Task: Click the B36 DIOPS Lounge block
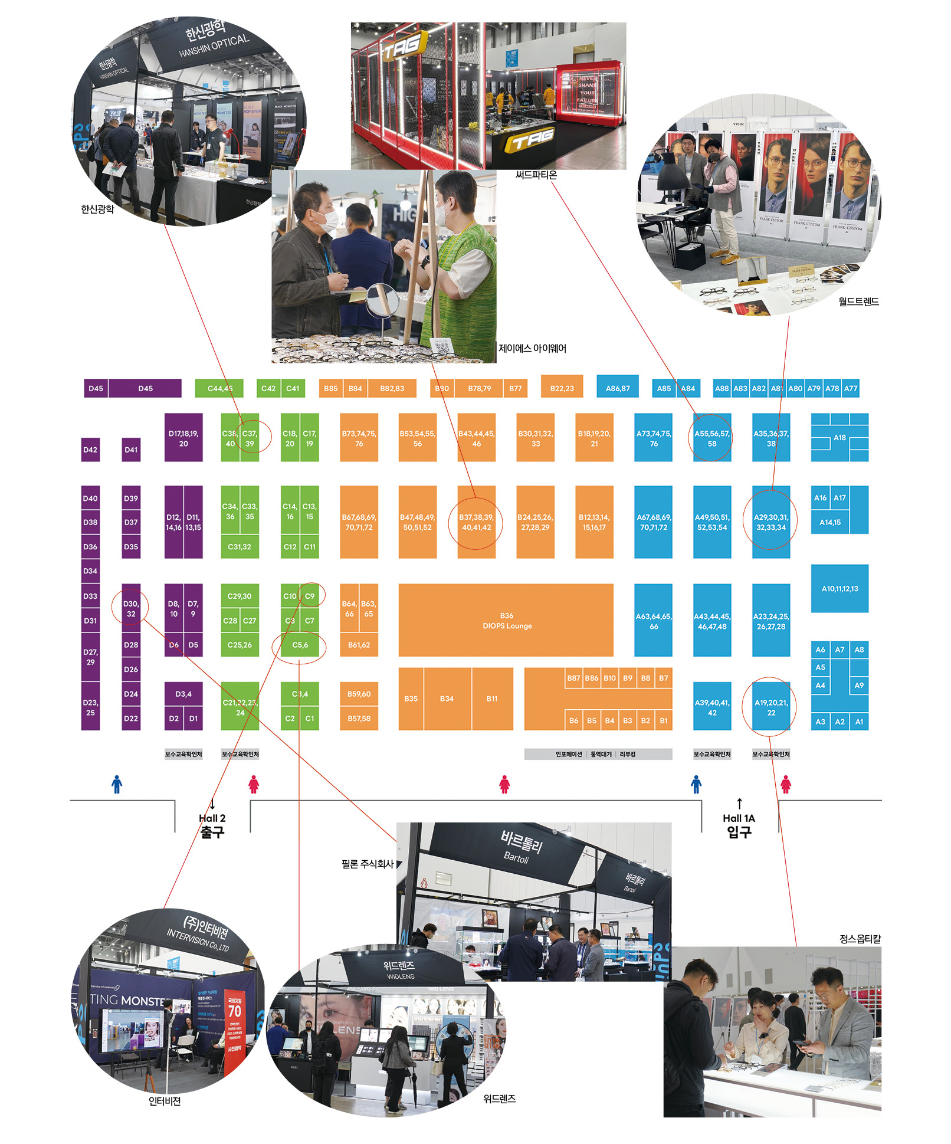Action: pos(506,620)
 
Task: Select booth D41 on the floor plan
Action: pos(131,450)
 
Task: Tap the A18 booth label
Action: pos(839,438)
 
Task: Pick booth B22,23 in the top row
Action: pos(562,388)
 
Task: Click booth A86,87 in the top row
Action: pos(618,388)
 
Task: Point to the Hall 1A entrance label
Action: pos(739,825)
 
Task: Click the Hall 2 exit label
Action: pos(212,825)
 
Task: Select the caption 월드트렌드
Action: pos(858,301)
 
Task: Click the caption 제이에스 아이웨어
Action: pos(532,348)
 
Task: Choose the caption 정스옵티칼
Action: pos(860,939)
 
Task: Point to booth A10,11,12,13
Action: pos(839,589)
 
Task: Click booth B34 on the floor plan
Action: pos(447,699)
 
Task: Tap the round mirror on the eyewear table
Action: pos(382,300)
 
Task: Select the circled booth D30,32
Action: pos(131,608)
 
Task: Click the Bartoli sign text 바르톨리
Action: pos(521,842)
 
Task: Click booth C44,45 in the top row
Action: pos(219,388)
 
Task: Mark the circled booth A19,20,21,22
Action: pos(771,707)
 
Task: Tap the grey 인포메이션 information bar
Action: pos(569,754)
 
